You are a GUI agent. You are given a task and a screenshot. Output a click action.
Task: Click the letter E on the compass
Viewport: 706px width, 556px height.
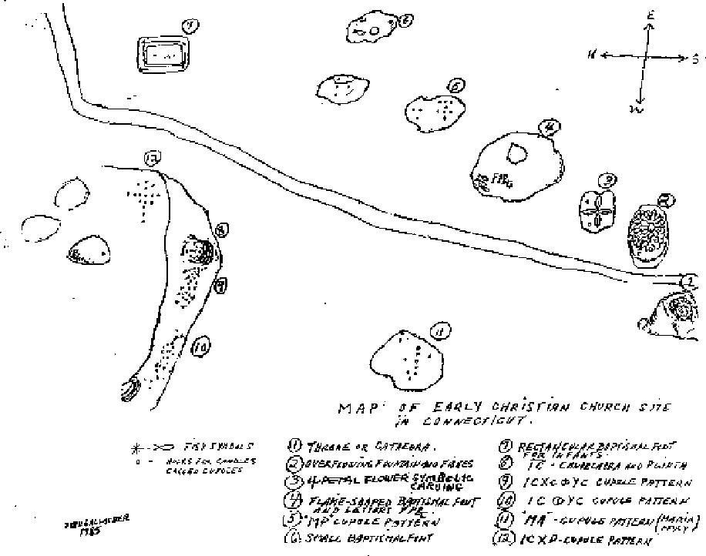coord(651,15)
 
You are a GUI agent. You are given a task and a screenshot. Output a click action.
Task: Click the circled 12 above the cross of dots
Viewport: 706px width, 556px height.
coord(152,160)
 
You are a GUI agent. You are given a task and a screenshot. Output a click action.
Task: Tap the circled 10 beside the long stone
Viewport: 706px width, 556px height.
coord(200,347)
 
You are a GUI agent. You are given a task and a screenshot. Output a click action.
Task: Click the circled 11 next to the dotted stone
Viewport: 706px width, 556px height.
coord(439,332)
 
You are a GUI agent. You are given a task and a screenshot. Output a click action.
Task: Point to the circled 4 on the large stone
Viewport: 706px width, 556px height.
coord(549,127)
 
